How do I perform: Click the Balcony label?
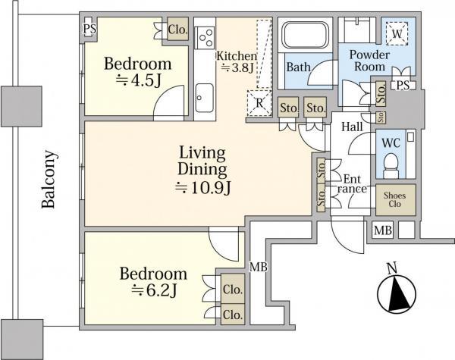coord(47,180)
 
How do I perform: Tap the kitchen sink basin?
coord(205,97)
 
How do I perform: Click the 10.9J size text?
coord(202,185)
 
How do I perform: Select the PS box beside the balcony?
coord(89,30)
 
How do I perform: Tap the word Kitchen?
coord(236,55)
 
